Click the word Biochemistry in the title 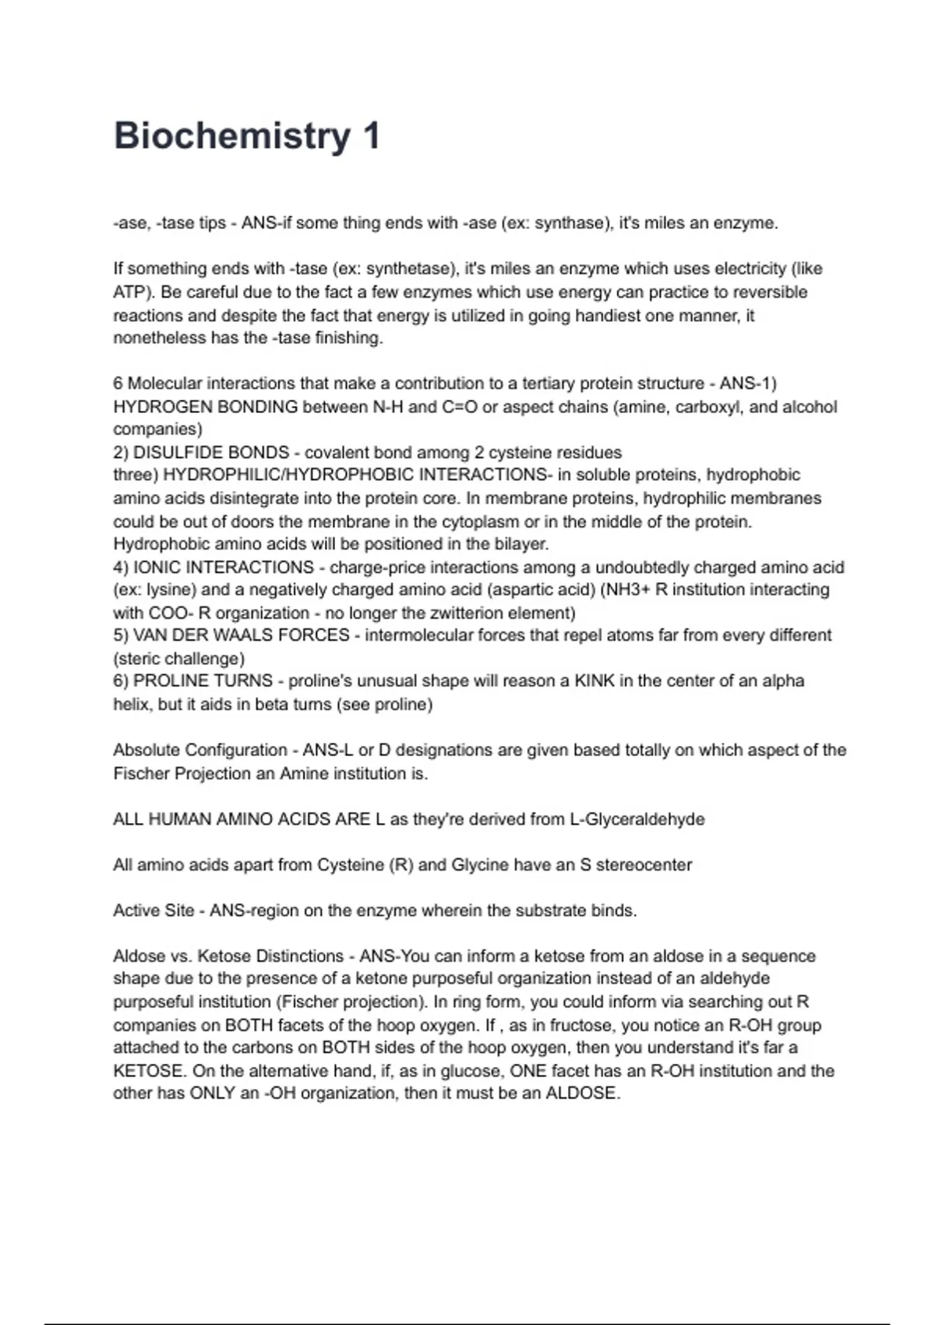pos(232,136)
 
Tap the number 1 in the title pos(371,136)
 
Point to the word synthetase pos(409,269)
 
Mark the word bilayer pos(520,544)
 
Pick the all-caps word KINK pos(595,681)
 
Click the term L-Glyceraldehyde pos(637,819)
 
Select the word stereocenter pos(644,865)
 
